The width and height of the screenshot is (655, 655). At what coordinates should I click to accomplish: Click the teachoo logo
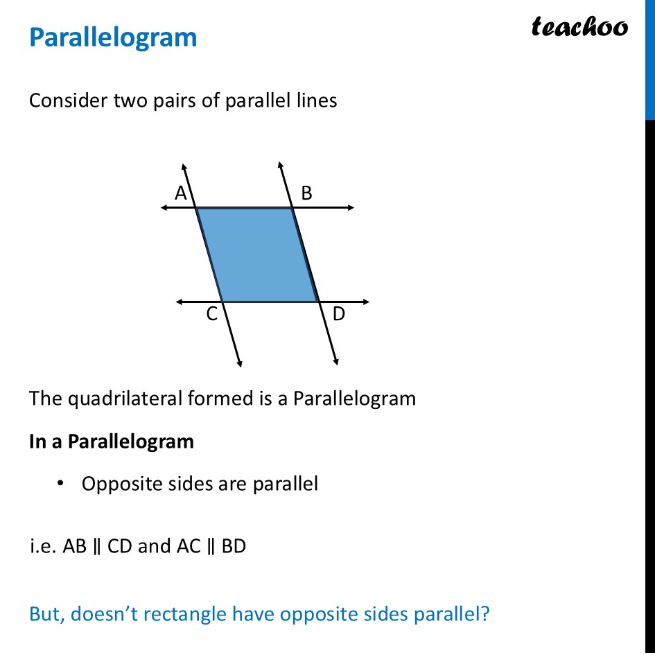pyautogui.click(x=579, y=27)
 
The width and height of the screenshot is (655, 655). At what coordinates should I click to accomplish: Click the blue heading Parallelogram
pyautogui.click(x=113, y=37)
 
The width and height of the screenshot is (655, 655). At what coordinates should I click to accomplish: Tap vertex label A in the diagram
pyautogui.click(x=181, y=194)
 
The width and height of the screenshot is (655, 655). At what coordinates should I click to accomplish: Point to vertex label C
pyautogui.click(x=212, y=315)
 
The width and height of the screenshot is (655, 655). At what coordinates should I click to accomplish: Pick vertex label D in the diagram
pyautogui.click(x=339, y=315)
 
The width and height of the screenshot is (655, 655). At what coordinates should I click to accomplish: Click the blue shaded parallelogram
pyautogui.click(x=257, y=254)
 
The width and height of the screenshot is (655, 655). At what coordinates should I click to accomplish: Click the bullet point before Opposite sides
pyautogui.click(x=62, y=483)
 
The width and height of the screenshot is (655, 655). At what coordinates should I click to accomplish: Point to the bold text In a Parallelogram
pyautogui.click(x=112, y=442)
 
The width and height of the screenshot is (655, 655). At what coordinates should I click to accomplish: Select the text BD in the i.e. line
pyautogui.click(x=234, y=546)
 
